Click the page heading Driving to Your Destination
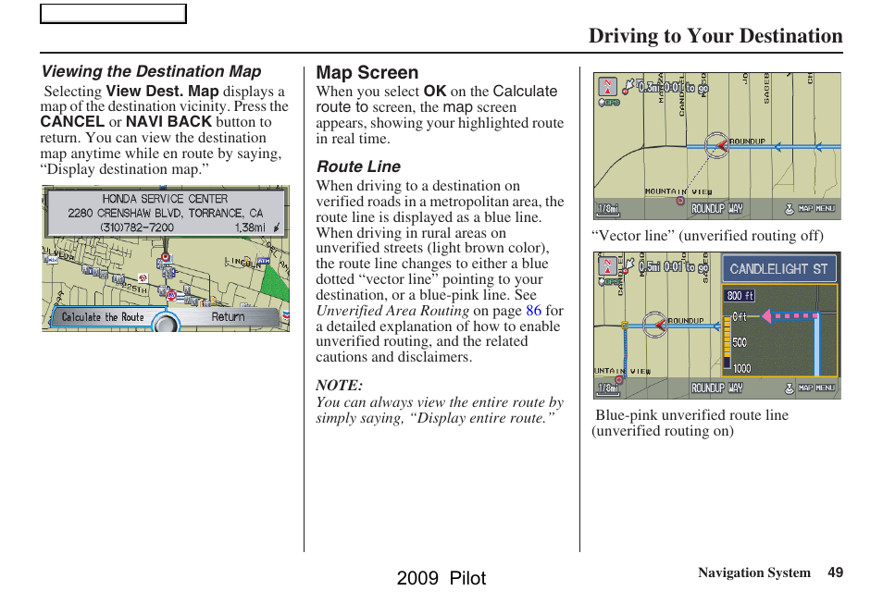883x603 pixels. (x=715, y=36)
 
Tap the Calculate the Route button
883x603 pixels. (x=103, y=317)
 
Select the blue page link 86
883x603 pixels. (x=533, y=311)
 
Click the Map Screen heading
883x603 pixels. (x=367, y=72)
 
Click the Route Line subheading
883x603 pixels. (x=358, y=166)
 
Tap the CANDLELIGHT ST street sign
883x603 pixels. (x=778, y=269)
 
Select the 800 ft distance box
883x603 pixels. (x=740, y=296)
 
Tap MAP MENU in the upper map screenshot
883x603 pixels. (x=816, y=209)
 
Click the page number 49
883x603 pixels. (x=835, y=572)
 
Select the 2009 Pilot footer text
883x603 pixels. (x=441, y=578)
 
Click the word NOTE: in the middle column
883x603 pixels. (x=339, y=385)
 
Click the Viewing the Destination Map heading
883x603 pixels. (x=151, y=71)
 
